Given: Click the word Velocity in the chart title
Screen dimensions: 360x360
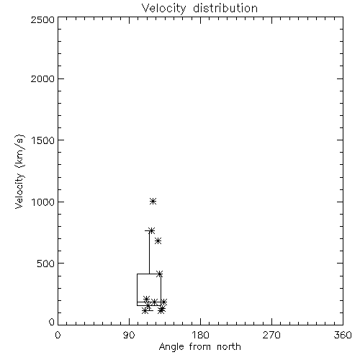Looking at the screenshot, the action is click(x=163, y=9).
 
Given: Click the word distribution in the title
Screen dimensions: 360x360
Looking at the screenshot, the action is click(x=225, y=8).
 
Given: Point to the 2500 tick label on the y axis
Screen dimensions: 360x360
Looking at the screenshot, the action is click(x=42, y=19).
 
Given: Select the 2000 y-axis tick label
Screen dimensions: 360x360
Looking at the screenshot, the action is click(x=42, y=79).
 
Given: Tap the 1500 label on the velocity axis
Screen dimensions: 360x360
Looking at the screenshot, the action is click(x=43, y=140).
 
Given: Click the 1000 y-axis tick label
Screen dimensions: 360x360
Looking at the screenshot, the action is click(x=43, y=202).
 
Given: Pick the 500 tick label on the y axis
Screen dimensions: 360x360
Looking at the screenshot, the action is click(x=46, y=264).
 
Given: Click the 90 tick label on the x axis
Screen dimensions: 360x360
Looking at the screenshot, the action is click(x=129, y=335).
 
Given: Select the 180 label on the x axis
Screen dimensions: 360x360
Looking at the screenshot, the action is click(x=200, y=335).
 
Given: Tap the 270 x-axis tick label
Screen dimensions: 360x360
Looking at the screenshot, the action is click(x=271, y=335).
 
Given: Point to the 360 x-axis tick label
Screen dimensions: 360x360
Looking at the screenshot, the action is click(x=343, y=335).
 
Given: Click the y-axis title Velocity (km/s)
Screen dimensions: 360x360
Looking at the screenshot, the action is click(x=19, y=171).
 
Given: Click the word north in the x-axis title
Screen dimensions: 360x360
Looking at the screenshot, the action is click(x=229, y=347).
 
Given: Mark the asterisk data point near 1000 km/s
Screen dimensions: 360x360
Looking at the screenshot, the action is click(x=153, y=201).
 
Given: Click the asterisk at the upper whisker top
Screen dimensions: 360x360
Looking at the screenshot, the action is click(x=151, y=230).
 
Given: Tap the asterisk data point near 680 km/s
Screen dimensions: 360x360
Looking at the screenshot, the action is click(x=158, y=240).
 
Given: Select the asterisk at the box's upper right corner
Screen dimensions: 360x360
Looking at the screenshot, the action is click(x=160, y=274).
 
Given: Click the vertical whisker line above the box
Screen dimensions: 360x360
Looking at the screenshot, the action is click(x=149, y=252).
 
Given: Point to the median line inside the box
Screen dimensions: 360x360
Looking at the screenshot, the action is click(x=149, y=302).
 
